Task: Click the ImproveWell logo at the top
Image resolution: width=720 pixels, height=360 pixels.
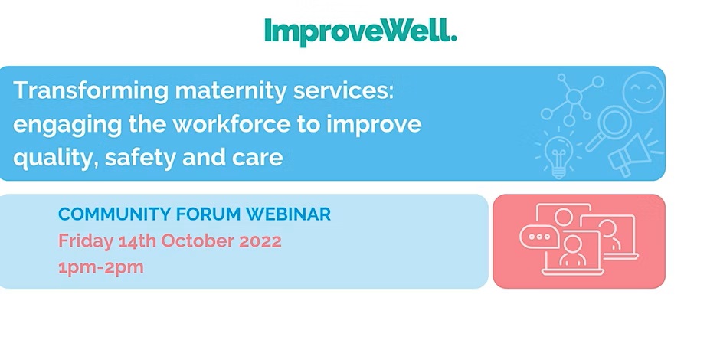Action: (x=360, y=32)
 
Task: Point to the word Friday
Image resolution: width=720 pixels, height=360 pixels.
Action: (x=85, y=241)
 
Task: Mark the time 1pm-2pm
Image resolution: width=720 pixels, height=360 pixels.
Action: (x=101, y=267)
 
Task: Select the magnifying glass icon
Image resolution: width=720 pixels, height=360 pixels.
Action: (x=607, y=124)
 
